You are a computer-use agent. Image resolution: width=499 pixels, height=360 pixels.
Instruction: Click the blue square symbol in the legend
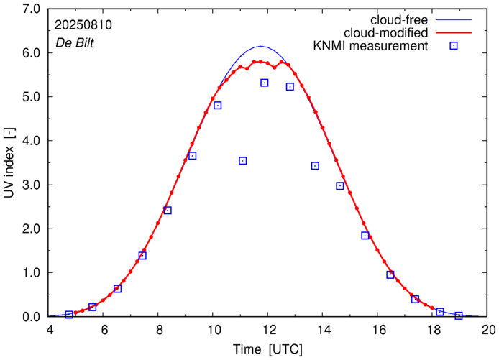454,46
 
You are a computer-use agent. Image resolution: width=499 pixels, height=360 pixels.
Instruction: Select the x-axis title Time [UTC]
268,349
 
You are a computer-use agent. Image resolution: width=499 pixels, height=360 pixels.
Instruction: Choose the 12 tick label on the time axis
269,330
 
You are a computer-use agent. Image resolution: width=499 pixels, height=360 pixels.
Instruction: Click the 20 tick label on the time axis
488,330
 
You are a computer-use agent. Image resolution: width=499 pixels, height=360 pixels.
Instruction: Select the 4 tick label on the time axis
50,330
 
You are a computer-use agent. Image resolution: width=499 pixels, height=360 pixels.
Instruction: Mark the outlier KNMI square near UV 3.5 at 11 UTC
243,161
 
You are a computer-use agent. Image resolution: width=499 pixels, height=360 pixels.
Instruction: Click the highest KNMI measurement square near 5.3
265,83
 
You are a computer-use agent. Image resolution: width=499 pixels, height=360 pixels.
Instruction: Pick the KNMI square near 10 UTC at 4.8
217,106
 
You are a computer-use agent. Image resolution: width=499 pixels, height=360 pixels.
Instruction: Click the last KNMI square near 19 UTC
459,315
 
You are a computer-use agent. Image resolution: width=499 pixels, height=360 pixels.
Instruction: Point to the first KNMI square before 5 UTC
69,315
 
